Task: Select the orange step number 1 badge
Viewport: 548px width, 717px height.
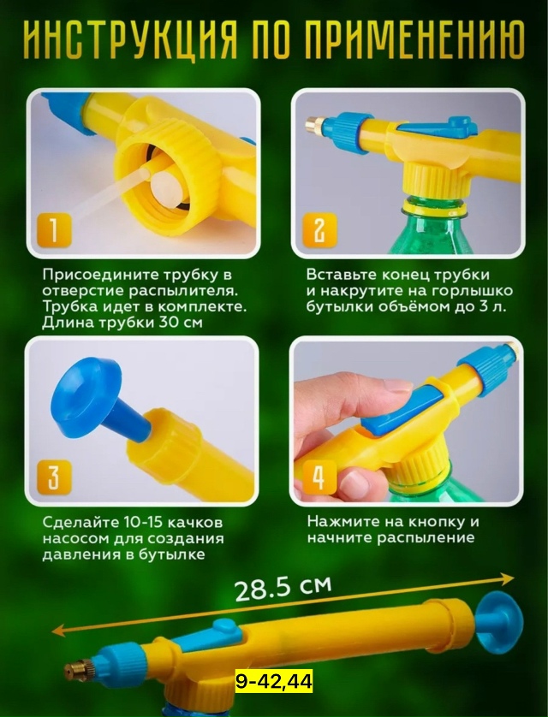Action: click(x=54, y=230)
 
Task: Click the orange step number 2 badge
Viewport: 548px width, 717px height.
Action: click(x=319, y=230)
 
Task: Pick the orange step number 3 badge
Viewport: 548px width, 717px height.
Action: click(x=54, y=477)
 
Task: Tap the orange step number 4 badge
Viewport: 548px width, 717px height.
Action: click(x=319, y=477)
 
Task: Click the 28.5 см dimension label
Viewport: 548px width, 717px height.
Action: click(x=283, y=589)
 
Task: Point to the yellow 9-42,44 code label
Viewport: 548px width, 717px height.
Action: click(x=274, y=682)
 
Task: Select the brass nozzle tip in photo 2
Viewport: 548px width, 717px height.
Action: click(x=313, y=123)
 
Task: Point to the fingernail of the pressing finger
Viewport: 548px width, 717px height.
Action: click(x=398, y=385)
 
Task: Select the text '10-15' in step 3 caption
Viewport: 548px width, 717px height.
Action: click(x=138, y=522)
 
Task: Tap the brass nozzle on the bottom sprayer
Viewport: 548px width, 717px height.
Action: click(x=76, y=670)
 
